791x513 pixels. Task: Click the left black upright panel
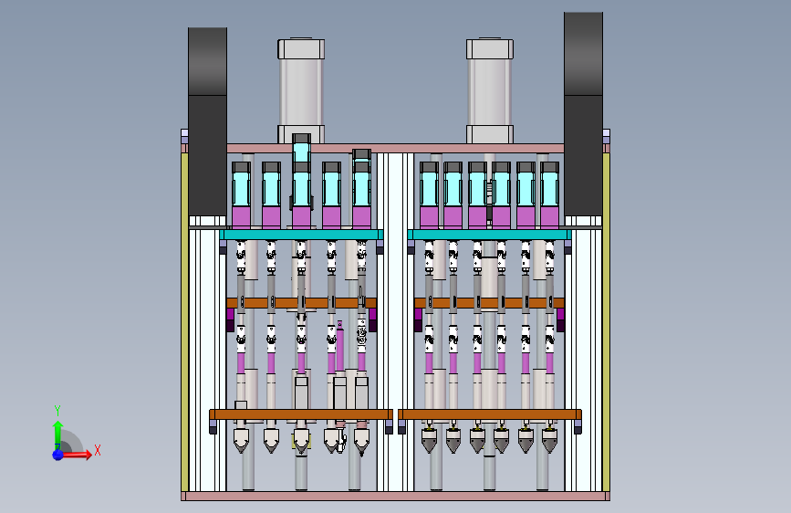(207, 121)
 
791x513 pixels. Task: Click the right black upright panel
(583, 114)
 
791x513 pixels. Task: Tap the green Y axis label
(57, 410)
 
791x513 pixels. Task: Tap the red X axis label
(98, 450)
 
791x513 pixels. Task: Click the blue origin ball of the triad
(58, 455)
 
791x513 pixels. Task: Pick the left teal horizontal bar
(302, 235)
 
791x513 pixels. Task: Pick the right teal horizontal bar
(489, 235)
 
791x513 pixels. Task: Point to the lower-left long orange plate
(301, 414)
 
